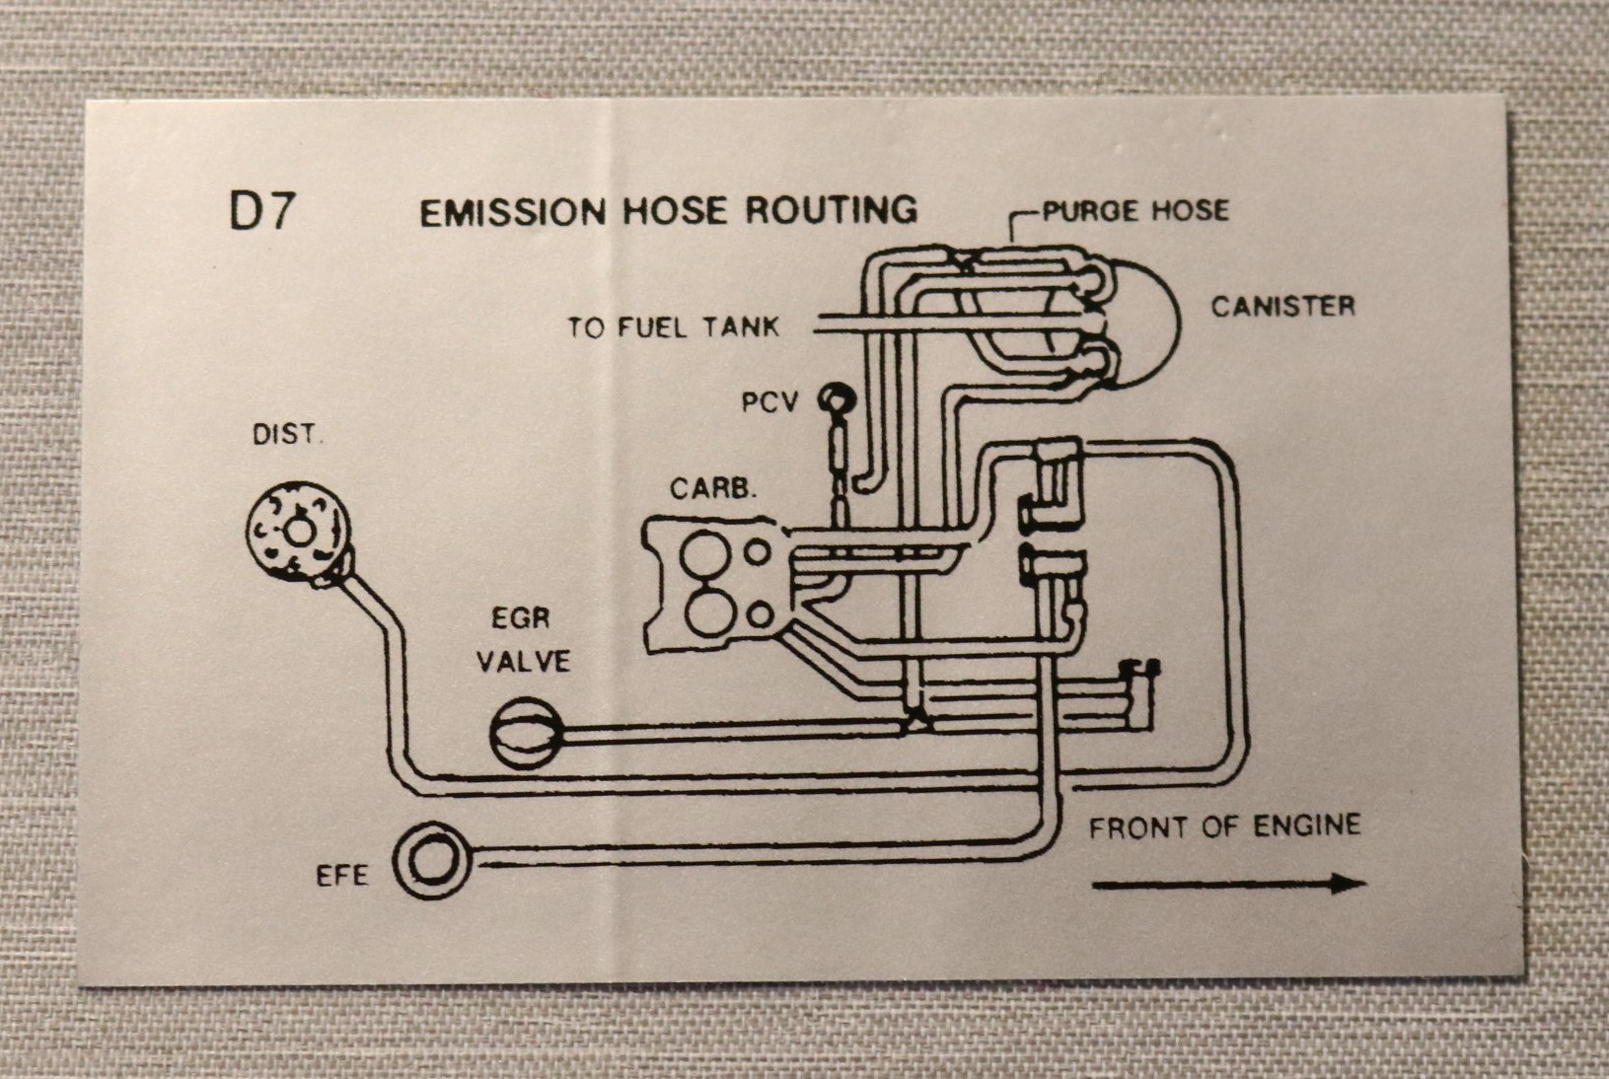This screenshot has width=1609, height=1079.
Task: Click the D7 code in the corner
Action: coord(260,211)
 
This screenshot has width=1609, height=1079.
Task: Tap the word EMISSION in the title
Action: coord(511,212)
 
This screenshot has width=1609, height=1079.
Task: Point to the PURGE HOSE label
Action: coord(1135,210)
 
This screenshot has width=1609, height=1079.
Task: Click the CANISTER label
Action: coord(1282,306)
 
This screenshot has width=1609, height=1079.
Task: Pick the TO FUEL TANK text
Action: coord(673,326)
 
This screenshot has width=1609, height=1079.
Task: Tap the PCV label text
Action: coord(769,402)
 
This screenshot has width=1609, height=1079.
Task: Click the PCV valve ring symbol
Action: coord(837,398)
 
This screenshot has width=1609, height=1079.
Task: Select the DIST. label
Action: coord(286,434)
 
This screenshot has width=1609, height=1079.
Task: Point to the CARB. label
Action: coord(712,488)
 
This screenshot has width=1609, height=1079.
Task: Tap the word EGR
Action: coord(520,618)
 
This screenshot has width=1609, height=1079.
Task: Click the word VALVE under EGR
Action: coord(523,661)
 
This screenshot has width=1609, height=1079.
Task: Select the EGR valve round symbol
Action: coord(526,732)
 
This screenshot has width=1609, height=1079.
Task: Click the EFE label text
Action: coord(341,875)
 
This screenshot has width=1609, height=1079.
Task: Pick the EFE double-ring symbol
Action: coord(430,861)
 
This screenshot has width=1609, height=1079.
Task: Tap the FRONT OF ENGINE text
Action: coord(1224,826)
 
